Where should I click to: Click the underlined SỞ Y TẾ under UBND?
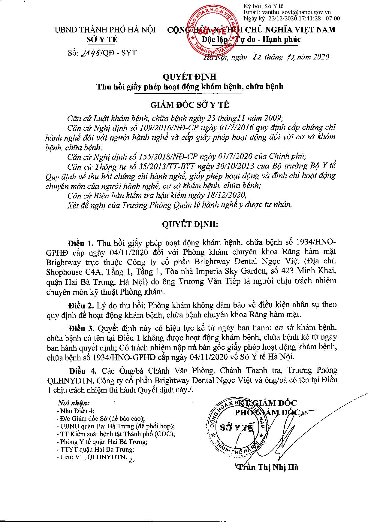(102, 39)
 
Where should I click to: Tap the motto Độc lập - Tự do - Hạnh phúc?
(251, 39)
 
